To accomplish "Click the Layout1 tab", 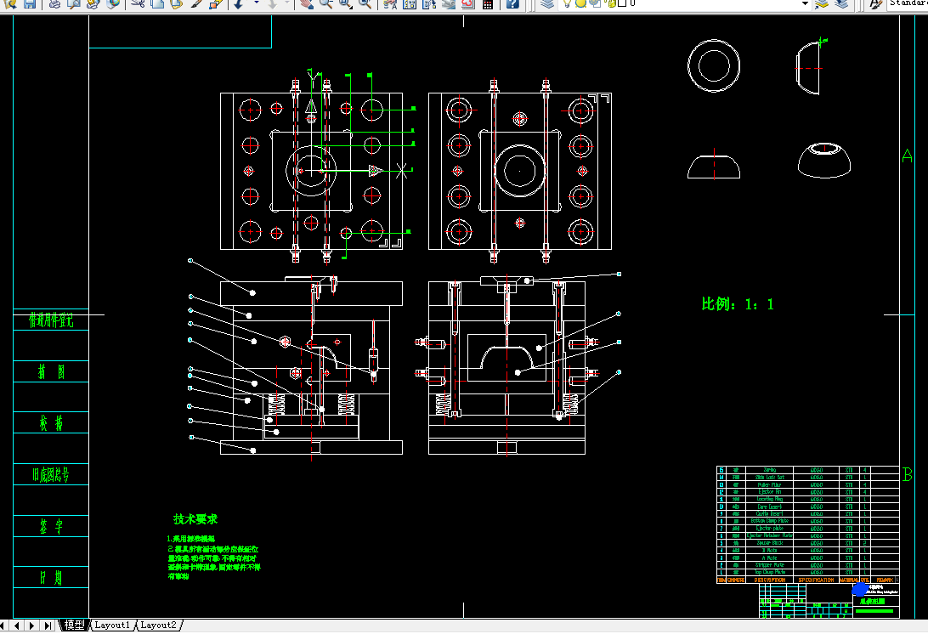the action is point(112,626).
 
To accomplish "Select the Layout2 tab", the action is point(158,626).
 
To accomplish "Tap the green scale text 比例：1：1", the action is point(738,304).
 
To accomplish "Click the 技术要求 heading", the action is point(195,519).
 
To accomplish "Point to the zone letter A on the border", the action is point(907,156).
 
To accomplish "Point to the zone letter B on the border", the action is point(907,474).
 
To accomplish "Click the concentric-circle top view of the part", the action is point(715,65).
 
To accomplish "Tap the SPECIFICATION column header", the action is point(817,580).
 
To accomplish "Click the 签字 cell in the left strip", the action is point(51,527).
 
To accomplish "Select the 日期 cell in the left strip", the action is point(51,578).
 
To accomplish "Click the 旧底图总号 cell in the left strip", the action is point(51,475).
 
